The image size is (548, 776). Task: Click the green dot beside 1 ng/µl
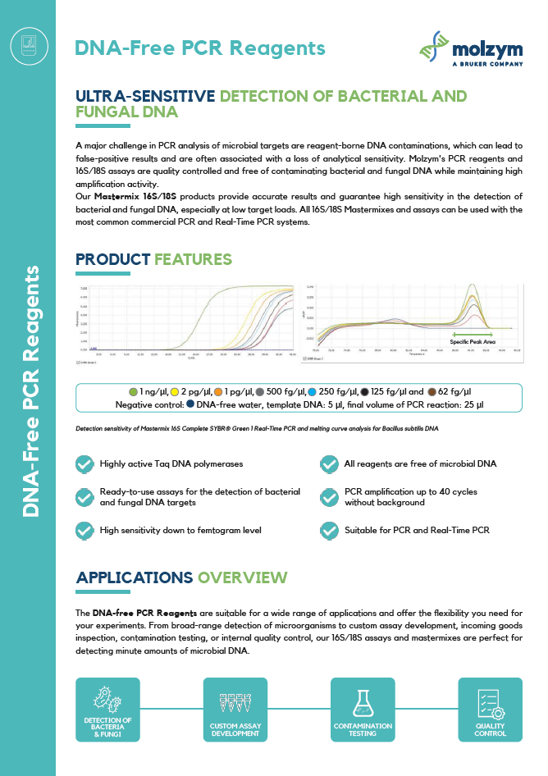133,392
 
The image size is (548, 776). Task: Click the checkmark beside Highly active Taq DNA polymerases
84,464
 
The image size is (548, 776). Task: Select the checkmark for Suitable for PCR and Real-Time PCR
329,530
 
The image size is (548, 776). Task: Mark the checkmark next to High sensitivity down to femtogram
84,530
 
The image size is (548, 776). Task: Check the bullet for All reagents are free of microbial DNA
329,464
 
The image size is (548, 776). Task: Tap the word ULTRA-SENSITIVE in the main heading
145,96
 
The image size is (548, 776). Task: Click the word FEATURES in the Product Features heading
193,259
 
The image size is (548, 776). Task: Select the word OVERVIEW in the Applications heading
243,577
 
